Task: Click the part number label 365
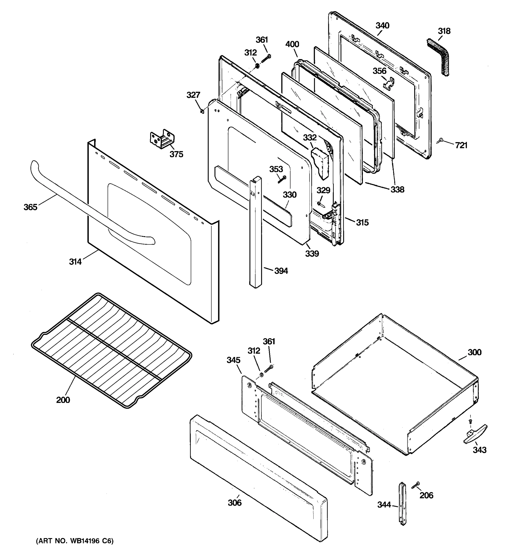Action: pos(30,207)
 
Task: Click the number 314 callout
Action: pos(75,262)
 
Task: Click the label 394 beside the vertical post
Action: pos(281,271)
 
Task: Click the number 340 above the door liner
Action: pos(382,26)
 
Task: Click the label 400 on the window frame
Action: pos(292,44)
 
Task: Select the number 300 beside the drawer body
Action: pos(474,352)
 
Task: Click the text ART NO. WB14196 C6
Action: pos(75,541)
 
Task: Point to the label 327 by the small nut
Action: pos(193,95)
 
